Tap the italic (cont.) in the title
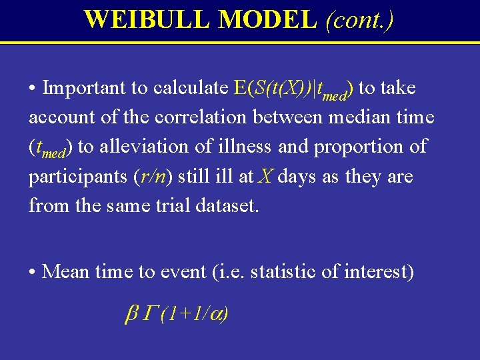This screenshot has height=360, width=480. click(x=359, y=19)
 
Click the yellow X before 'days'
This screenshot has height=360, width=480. click(x=265, y=177)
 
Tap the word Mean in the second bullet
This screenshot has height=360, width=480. click(x=65, y=272)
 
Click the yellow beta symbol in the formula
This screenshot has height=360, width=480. click(x=131, y=314)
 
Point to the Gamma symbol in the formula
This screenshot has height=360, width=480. click(x=149, y=313)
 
